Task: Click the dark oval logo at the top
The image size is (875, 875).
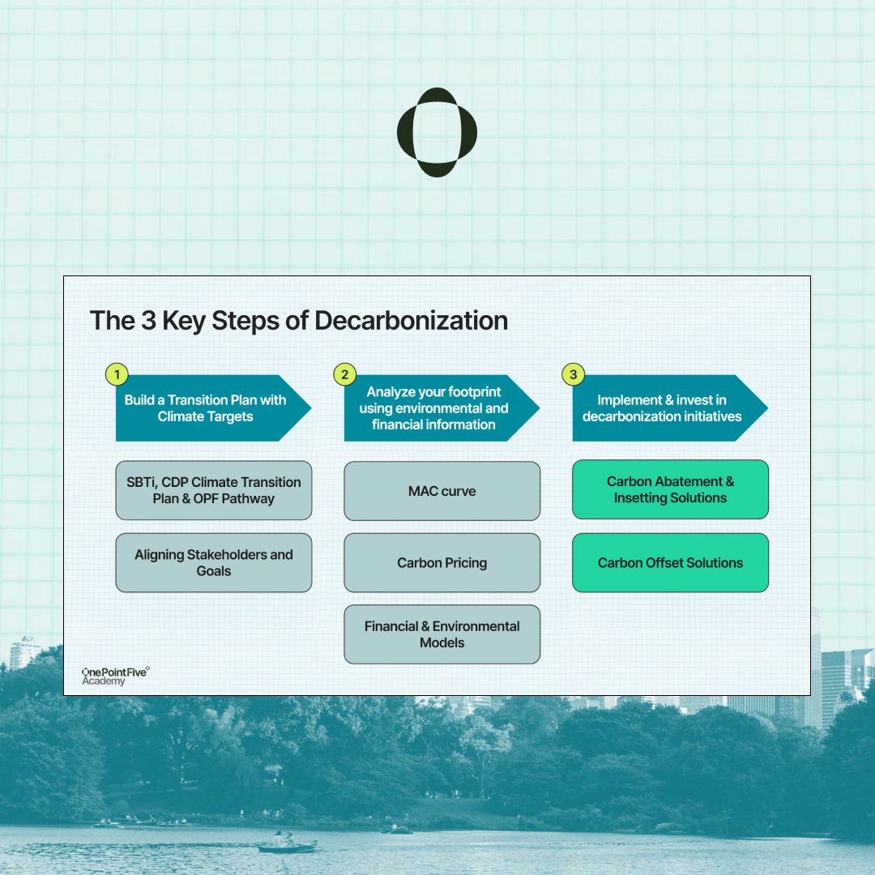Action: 437,132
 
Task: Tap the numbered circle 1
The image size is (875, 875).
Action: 117,374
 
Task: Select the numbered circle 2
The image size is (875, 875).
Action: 345,374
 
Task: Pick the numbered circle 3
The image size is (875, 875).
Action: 574,374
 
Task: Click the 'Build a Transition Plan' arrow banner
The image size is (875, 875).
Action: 207,408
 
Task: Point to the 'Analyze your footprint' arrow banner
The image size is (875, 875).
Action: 435,408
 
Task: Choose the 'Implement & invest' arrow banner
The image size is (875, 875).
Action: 663,408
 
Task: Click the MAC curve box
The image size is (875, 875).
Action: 442,491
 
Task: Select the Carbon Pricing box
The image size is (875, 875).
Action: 442,562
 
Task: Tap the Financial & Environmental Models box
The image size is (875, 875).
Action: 442,634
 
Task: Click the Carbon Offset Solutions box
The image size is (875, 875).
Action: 670,562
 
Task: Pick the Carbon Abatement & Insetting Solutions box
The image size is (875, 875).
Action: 670,489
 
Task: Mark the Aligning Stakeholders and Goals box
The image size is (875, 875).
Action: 214,562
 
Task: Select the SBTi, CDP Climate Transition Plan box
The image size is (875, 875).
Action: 214,490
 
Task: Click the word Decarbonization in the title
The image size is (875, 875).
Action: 411,321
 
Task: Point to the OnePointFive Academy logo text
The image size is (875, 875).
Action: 115,676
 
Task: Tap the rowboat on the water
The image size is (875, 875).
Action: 287,847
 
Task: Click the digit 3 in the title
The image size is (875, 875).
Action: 148,321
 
